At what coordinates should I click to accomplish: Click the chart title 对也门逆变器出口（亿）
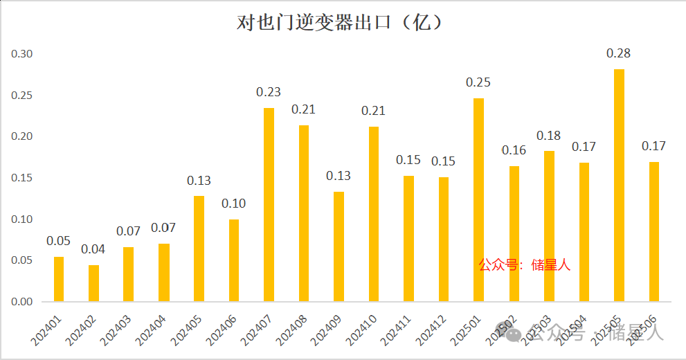[340, 22]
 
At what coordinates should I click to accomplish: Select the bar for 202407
[269, 205]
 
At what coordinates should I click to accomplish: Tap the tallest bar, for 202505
[619, 186]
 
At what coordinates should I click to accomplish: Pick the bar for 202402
[93, 284]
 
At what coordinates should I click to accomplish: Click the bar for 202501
[478, 200]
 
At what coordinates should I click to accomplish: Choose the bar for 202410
[374, 214]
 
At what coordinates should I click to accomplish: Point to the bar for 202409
[339, 246]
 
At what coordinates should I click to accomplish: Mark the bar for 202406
[233, 260]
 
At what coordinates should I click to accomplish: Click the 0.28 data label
[618, 53]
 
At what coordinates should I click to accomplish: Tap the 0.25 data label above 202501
[478, 82]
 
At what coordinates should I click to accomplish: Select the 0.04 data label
[93, 249]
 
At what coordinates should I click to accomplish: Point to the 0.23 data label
[269, 92]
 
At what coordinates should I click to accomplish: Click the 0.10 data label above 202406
[233, 204]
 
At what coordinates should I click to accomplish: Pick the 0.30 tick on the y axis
[21, 54]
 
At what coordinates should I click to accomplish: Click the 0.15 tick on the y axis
[21, 178]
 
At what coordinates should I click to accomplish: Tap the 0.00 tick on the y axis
[21, 302]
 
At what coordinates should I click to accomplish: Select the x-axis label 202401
[47, 328]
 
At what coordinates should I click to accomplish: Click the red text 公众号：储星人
[525, 264]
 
